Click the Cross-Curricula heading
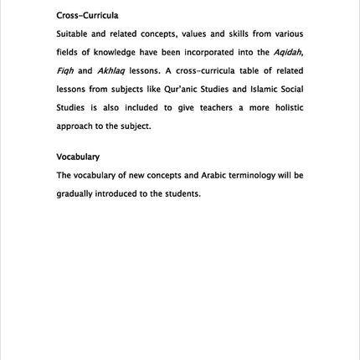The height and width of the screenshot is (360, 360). tap(87, 16)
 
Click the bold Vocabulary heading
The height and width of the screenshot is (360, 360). tap(78, 157)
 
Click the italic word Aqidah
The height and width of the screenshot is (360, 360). tap(287, 53)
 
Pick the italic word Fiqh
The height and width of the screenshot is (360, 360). tap(65, 71)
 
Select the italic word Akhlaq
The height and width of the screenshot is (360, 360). tap(111, 71)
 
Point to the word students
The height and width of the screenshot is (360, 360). tap(182, 194)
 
